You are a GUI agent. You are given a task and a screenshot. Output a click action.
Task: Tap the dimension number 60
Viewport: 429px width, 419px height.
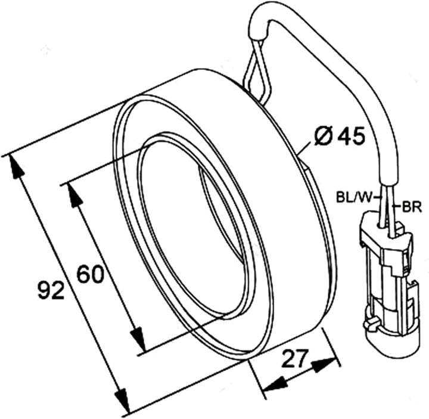point(91,274)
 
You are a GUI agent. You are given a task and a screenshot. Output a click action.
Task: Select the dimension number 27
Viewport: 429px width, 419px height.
point(294,359)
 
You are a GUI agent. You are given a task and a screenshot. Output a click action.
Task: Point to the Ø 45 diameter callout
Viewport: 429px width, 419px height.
point(339,135)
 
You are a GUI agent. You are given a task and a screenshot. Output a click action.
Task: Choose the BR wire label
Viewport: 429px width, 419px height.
point(412,208)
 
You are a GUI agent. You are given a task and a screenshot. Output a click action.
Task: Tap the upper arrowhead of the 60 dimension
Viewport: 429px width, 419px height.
point(74,195)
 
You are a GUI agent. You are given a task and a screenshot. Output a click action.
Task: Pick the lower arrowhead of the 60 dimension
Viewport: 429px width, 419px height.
point(138,339)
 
